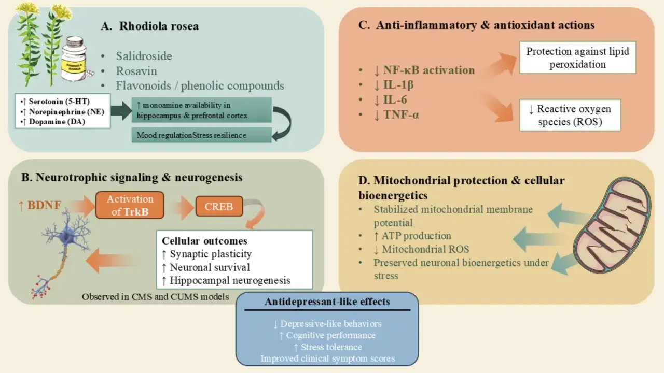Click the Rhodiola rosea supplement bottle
point(75,59)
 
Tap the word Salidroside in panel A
point(144,56)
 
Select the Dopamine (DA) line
point(54,122)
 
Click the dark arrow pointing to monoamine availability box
point(121,110)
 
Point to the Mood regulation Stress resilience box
point(202,135)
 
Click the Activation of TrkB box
point(130,205)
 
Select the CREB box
point(219,206)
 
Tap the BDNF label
point(40,205)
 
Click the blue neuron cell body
point(65,236)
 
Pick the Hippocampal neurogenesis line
point(226,280)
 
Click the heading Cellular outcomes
point(204,241)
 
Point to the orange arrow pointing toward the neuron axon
point(110,260)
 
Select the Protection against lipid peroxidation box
point(577,58)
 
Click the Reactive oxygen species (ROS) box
point(570,115)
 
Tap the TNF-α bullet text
point(397,114)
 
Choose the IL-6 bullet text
point(391,100)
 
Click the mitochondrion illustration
point(611,225)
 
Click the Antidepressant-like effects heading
point(327,302)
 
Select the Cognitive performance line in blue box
point(327,335)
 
